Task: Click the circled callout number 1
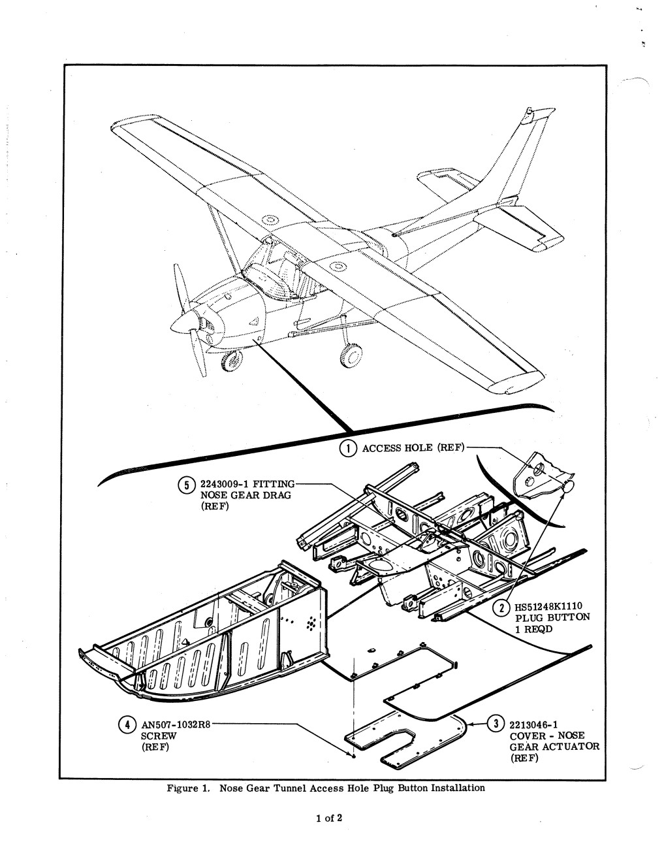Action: point(348,448)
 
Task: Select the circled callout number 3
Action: point(496,724)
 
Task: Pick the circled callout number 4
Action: point(127,724)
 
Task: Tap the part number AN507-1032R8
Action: point(176,724)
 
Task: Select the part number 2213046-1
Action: point(533,724)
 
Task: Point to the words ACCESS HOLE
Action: point(398,448)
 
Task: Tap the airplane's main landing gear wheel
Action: point(351,355)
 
